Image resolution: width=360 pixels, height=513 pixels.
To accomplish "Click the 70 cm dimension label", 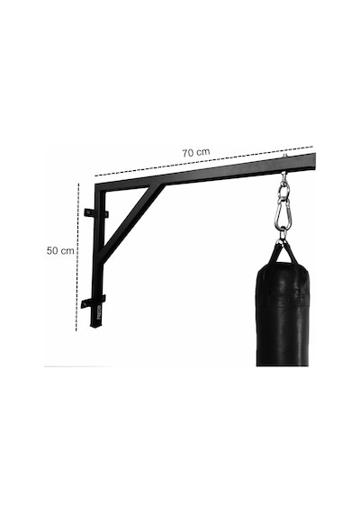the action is (195, 152).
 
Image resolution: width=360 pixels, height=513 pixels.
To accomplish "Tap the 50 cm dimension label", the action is (60, 250).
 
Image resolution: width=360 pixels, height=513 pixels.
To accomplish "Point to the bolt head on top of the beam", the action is (285, 156).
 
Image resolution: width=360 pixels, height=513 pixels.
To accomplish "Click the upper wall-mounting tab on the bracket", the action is (96, 213).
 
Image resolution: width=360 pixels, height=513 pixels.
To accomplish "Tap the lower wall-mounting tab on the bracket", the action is (94, 301).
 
